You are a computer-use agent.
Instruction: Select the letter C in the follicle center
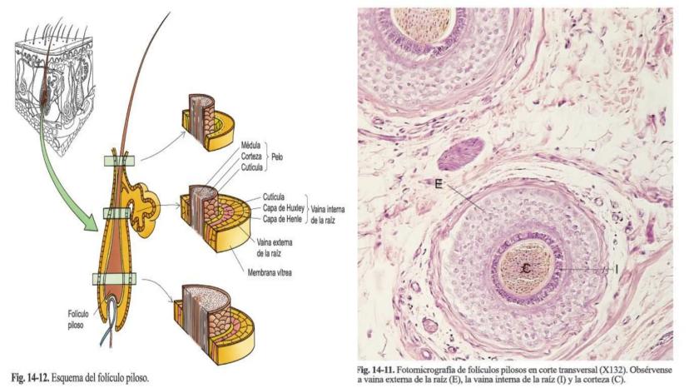[526, 268]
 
